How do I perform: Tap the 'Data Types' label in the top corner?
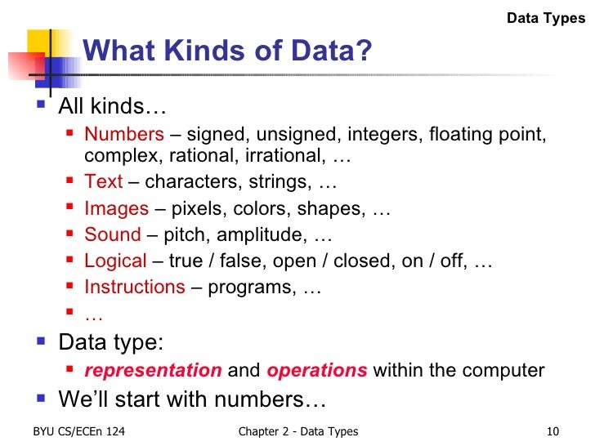pyautogui.click(x=546, y=17)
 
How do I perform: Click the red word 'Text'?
pyautogui.click(x=104, y=181)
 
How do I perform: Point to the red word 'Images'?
pyautogui.click(x=117, y=208)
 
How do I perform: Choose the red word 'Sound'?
pyautogui.click(x=113, y=234)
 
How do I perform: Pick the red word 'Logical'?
pyautogui.click(x=115, y=261)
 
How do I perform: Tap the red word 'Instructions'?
pyautogui.click(x=135, y=288)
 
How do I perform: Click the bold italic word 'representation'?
pyautogui.click(x=153, y=370)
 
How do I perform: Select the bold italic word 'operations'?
pyautogui.click(x=317, y=370)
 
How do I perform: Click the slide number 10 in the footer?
pyautogui.click(x=552, y=432)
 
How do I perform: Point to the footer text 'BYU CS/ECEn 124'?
pyautogui.click(x=79, y=432)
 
